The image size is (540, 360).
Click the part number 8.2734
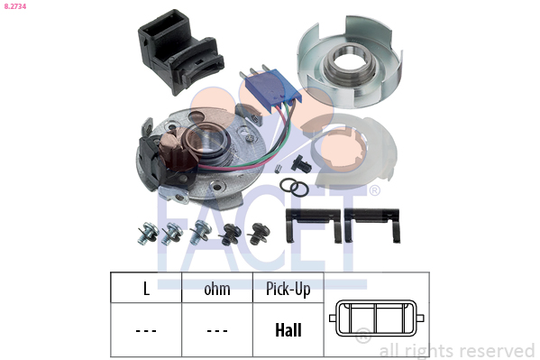pos(15,6)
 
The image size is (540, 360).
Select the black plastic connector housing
pos(179,51)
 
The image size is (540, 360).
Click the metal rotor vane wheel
pos(349,62)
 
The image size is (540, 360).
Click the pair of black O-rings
pos(294,188)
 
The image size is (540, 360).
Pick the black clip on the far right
pos(372,226)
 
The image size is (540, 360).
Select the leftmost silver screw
pos(148,233)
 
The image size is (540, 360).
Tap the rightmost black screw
pos(259,234)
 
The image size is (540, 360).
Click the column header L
pos(146,289)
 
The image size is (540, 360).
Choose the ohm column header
pos(217,289)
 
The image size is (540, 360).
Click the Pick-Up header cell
pos(288,289)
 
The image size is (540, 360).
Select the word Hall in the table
pos(288,330)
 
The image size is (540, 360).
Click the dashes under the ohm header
pos(217,331)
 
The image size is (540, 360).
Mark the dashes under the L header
pos(146,331)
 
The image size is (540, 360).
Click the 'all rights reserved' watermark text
pos(457,351)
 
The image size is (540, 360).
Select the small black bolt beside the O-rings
pos(300,163)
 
